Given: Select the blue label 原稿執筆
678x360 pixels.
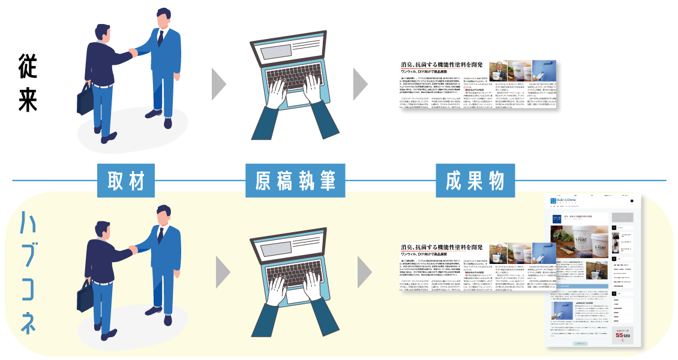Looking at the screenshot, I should (295, 181).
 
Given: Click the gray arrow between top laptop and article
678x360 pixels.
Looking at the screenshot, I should (360, 85).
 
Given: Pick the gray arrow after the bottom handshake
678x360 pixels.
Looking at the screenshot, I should (223, 272).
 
